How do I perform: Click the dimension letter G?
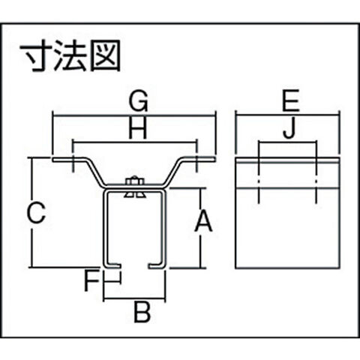tap(138, 101)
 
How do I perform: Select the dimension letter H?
tap(138, 129)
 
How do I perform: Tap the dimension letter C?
tap(37, 213)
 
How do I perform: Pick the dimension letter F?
tap(91, 282)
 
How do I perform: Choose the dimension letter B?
tap(142, 312)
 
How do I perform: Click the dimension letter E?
tap(291, 101)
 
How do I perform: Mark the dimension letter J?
tap(289, 129)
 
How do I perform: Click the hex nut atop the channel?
tap(134, 181)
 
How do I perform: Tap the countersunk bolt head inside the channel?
tap(135, 195)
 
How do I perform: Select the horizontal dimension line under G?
tap(134, 115)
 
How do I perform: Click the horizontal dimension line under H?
tap(134, 142)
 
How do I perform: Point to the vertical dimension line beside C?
tap(32, 212)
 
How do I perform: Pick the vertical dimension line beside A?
tap(200, 228)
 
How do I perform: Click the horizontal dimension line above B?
tap(134, 298)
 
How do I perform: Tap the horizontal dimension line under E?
tap(287, 115)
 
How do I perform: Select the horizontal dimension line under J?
tap(287, 142)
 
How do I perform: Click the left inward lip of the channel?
tap(113, 265)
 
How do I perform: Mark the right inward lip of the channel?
tap(157, 265)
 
